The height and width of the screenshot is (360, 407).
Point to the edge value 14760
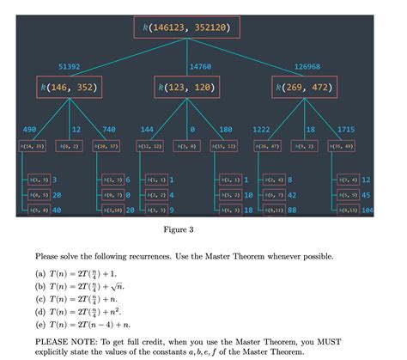[x=199, y=66]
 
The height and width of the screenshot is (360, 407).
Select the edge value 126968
[x=307, y=66]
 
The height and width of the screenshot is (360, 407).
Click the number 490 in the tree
[x=29, y=129]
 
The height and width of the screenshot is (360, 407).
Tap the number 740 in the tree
[x=108, y=129]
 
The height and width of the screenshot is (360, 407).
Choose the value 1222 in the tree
[x=261, y=129]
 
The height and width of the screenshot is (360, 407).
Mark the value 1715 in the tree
[x=346, y=129]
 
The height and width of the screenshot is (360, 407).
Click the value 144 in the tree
[x=147, y=129]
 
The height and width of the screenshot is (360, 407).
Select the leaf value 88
[x=292, y=210]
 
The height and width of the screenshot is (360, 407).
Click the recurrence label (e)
[x=41, y=326]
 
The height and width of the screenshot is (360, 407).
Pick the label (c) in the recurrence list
[x=41, y=298]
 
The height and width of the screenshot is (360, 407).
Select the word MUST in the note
[x=345, y=340]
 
